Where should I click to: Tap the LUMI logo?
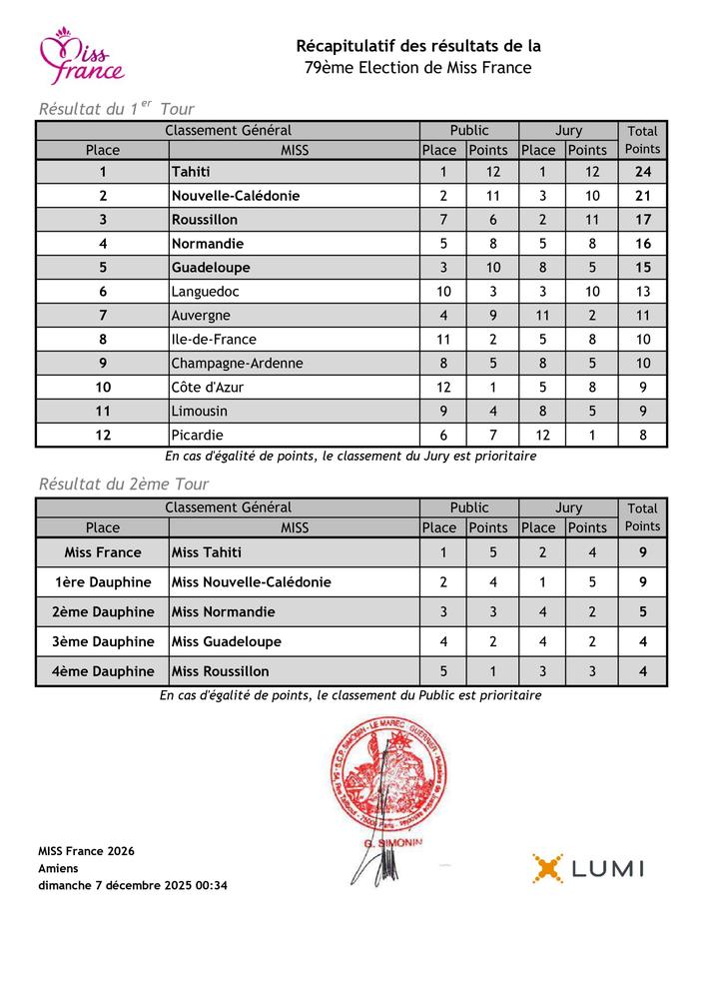(587, 868)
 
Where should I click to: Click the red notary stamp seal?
(377, 784)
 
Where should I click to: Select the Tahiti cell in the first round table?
(191, 172)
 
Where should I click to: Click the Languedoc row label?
(206, 292)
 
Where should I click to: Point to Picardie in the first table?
(197, 436)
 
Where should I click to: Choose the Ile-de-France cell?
(213, 340)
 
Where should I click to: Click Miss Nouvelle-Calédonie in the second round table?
(251, 582)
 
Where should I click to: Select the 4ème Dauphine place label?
(103, 672)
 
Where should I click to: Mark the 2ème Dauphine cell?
(103, 612)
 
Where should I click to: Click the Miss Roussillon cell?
(220, 672)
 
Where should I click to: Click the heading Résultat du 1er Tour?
(116, 109)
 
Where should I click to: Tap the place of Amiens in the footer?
(57, 868)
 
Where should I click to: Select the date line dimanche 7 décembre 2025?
(133, 885)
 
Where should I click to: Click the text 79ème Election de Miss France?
(418, 68)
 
